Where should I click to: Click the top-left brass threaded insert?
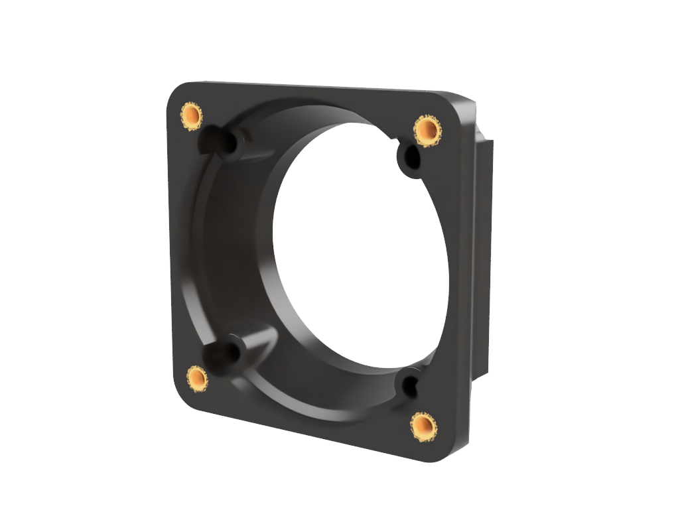tap(191, 116)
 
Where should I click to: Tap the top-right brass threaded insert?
tap(427, 130)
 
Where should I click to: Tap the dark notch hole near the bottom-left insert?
tap(216, 354)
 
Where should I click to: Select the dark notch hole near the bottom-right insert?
tap(408, 385)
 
